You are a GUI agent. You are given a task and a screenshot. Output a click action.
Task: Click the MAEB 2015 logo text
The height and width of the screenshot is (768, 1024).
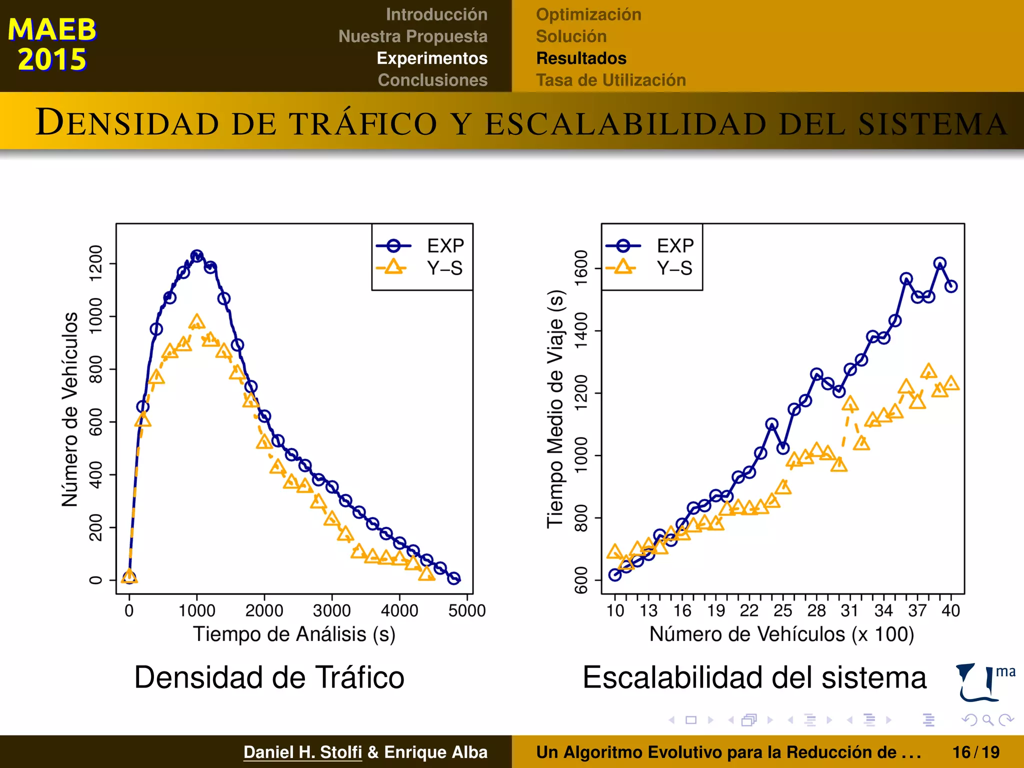(x=51, y=44)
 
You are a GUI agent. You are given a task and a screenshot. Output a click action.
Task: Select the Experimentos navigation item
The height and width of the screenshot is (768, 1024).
(x=431, y=58)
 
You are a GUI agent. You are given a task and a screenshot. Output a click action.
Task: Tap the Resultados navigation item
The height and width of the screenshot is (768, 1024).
(x=581, y=58)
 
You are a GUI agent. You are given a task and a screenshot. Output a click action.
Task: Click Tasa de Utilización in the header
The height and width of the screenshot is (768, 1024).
(x=610, y=80)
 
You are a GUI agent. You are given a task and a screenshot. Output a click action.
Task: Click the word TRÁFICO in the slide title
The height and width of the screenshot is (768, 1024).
(x=363, y=123)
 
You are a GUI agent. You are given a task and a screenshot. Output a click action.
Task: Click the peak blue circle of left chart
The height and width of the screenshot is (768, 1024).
(x=197, y=256)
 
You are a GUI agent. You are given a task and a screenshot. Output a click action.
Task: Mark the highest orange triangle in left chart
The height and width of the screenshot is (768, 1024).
(x=197, y=321)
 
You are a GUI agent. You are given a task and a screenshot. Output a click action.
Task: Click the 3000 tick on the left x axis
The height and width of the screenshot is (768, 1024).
(x=331, y=610)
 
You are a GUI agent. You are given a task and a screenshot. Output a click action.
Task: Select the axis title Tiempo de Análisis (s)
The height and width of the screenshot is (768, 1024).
(x=294, y=634)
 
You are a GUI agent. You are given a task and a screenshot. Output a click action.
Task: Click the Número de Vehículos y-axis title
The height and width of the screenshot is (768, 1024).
(x=70, y=409)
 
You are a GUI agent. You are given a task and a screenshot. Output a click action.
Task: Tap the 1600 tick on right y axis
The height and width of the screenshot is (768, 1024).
(x=581, y=268)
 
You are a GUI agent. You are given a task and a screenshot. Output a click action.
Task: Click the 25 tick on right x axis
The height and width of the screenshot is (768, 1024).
(x=782, y=610)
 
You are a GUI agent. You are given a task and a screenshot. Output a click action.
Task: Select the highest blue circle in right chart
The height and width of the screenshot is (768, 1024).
(x=940, y=263)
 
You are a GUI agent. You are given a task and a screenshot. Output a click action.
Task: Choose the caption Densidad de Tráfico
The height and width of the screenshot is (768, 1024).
(x=269, y=677)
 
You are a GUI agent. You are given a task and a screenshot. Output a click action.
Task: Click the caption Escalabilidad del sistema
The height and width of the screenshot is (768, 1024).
(x=754, y=677)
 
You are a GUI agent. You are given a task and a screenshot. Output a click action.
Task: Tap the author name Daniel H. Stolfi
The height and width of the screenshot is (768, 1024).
(x=302, y=752)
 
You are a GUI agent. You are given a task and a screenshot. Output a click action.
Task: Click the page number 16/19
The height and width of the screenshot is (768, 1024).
(x=975, y=752)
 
